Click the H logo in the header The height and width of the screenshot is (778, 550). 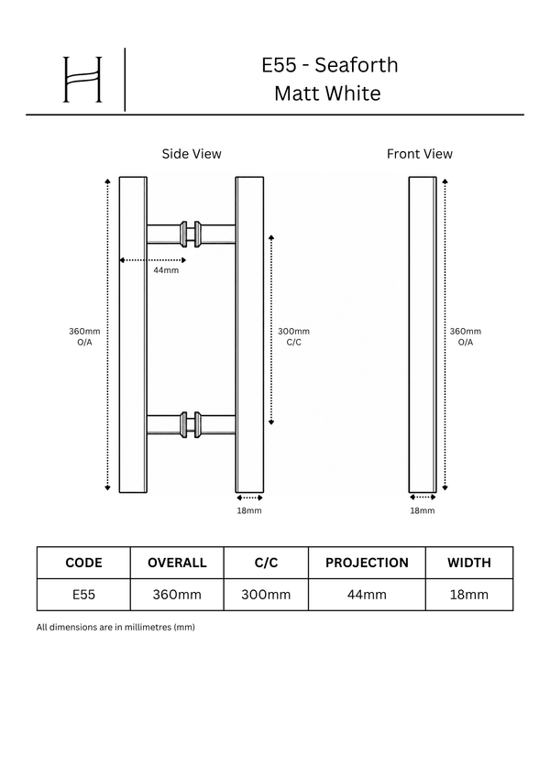coord(82,80)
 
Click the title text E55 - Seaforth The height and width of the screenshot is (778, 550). coord(330,65)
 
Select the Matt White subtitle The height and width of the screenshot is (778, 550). coord(327,93)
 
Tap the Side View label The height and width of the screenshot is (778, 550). coord(192,154)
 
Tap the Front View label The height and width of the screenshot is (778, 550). coord(420,154)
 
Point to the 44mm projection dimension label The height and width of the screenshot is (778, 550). coord(166,270)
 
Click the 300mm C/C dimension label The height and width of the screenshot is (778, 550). coord(293,336)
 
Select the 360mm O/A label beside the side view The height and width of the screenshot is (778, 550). coord(84,336)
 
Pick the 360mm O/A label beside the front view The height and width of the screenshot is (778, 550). coord(465,336)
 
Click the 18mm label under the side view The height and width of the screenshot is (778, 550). coord(248,510)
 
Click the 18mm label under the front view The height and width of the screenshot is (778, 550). coord(422,510)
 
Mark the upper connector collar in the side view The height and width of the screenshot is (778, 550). coord(191,234)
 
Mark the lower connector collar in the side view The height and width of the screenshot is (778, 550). coord(191,424)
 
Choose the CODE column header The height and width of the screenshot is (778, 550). coord(83,563)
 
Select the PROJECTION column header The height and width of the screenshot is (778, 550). coord(367,563)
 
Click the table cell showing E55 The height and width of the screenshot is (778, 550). coord(83,595)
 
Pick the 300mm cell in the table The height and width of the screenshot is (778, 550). coord(266,595)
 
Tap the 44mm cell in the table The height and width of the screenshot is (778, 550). coord(367,595)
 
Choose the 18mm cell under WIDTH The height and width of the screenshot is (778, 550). coord(469,595)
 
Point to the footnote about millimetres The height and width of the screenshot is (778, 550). coord(115,627)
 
